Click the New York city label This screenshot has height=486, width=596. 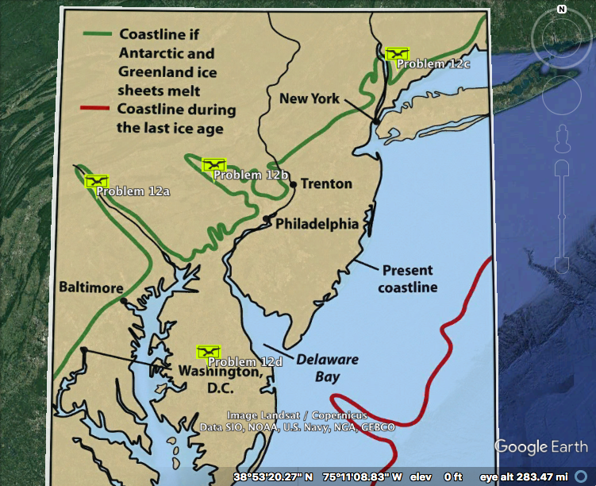click(x=310, y=98)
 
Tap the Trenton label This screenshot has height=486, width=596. click(x=326, y=184)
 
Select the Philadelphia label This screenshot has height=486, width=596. click(x=317, y=224)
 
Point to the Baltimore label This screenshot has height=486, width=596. click(x=90, y=287)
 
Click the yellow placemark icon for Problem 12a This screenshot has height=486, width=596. click(x=96, y=181)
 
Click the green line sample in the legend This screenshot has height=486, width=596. click(x=98, y=34)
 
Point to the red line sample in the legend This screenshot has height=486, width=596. click(x=98, y=110)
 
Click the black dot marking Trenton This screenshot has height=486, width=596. click(x=293, y=184)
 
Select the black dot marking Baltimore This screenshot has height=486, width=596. click(x=122, y=300)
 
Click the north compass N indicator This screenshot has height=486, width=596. click(x=561, y=9)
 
